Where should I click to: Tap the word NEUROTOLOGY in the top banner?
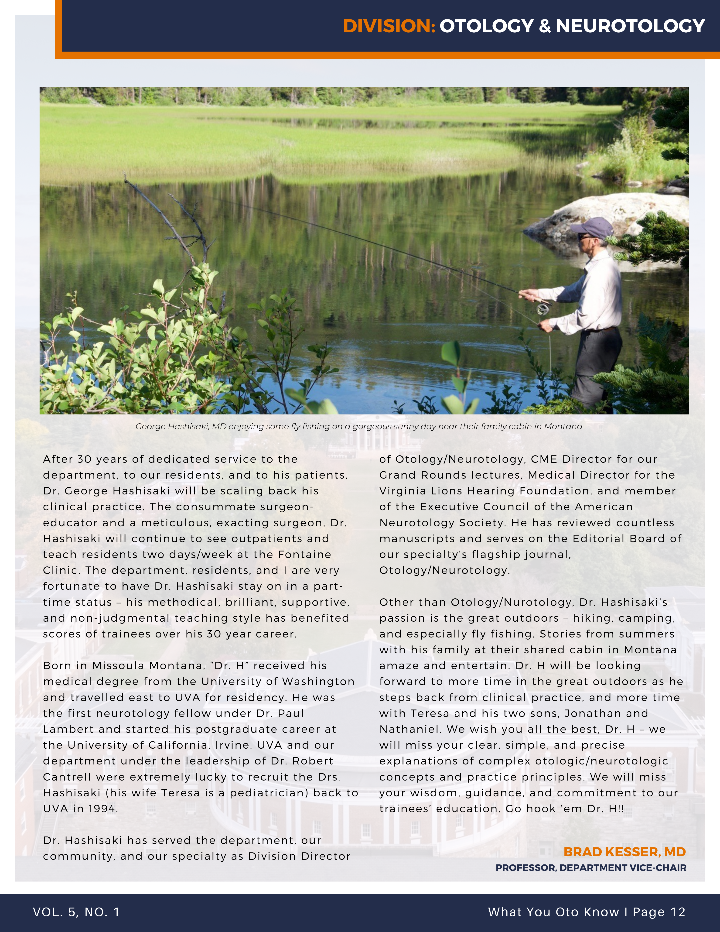630,26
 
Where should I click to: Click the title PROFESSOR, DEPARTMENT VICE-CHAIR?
591,867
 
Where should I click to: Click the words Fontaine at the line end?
304,554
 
